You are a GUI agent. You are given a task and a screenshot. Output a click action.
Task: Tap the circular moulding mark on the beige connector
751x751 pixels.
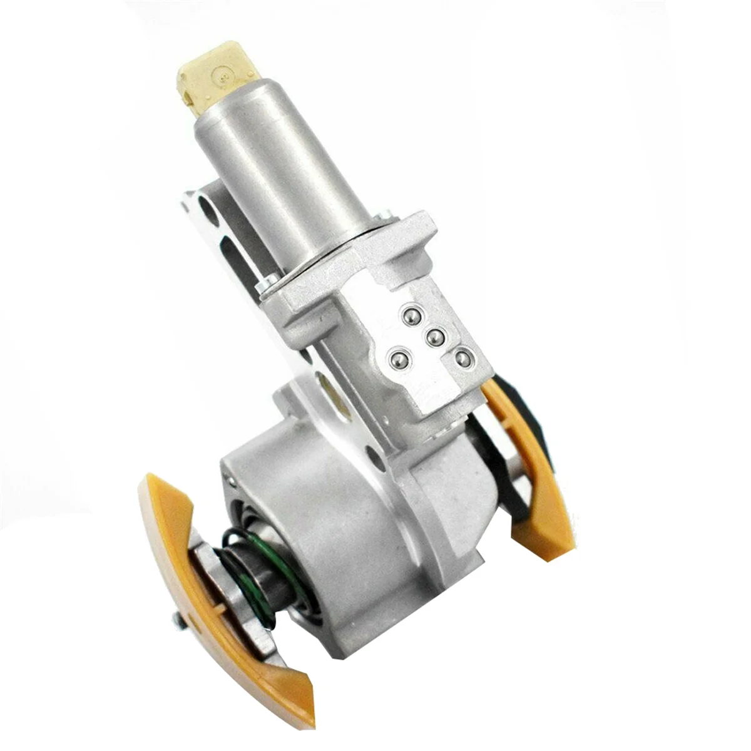click(221, 76)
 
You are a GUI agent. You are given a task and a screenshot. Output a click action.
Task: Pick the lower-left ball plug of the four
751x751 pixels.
click(397, 359)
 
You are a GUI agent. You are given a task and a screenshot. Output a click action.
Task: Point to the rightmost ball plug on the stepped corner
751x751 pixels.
click(462, 359)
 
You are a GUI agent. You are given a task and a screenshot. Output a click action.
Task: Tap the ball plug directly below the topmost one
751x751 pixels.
click(434, 337)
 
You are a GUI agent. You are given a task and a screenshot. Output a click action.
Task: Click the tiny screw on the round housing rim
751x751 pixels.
click(232, 480)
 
